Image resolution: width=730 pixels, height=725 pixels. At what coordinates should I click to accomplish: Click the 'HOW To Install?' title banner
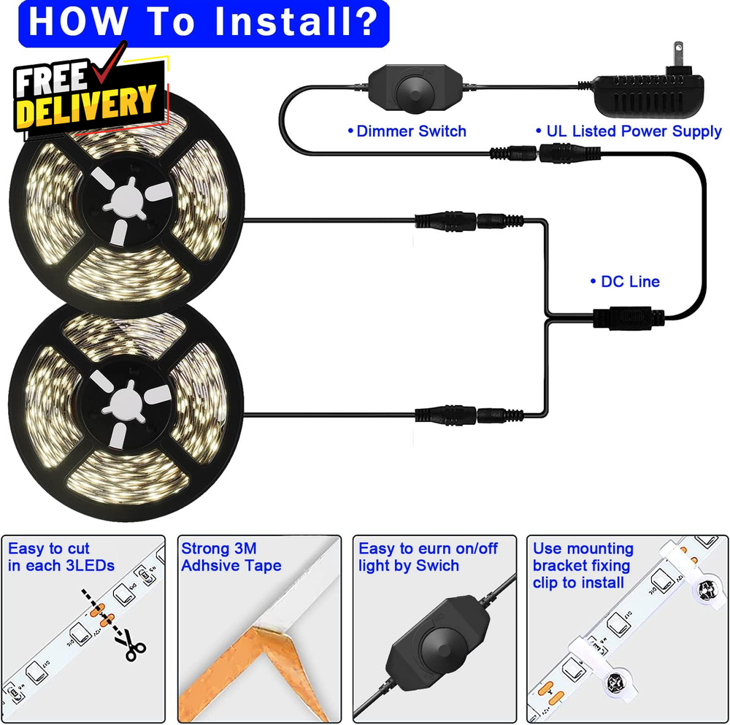pyautogui.click(x=204, y=23)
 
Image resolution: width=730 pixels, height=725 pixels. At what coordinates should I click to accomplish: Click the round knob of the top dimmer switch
pyautogui.click(x=416, y=91)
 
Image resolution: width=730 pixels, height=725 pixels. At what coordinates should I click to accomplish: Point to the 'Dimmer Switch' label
pyautogui.click(x=407, y=131)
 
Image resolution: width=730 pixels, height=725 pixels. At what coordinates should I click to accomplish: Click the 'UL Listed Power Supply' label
pyautogui.click(x=629, y=131)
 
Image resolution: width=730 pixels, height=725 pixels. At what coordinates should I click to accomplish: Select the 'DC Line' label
pyautogui.click(x=626, y=281)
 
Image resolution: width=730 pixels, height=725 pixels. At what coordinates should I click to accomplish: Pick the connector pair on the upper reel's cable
pyautogui.click(x=469, y=220)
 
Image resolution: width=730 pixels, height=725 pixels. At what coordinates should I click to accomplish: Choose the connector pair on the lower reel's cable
pyautogui.click(x=469, y=415)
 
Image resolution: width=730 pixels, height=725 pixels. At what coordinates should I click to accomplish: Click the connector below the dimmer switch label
pyautogui.click(x=545, y=153)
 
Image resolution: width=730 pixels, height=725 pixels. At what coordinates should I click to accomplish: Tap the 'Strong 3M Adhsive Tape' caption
pyautogui.click(x=231, y=557)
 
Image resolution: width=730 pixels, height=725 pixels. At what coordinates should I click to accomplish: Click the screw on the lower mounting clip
pyautogui.click(x=616, y=682)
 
